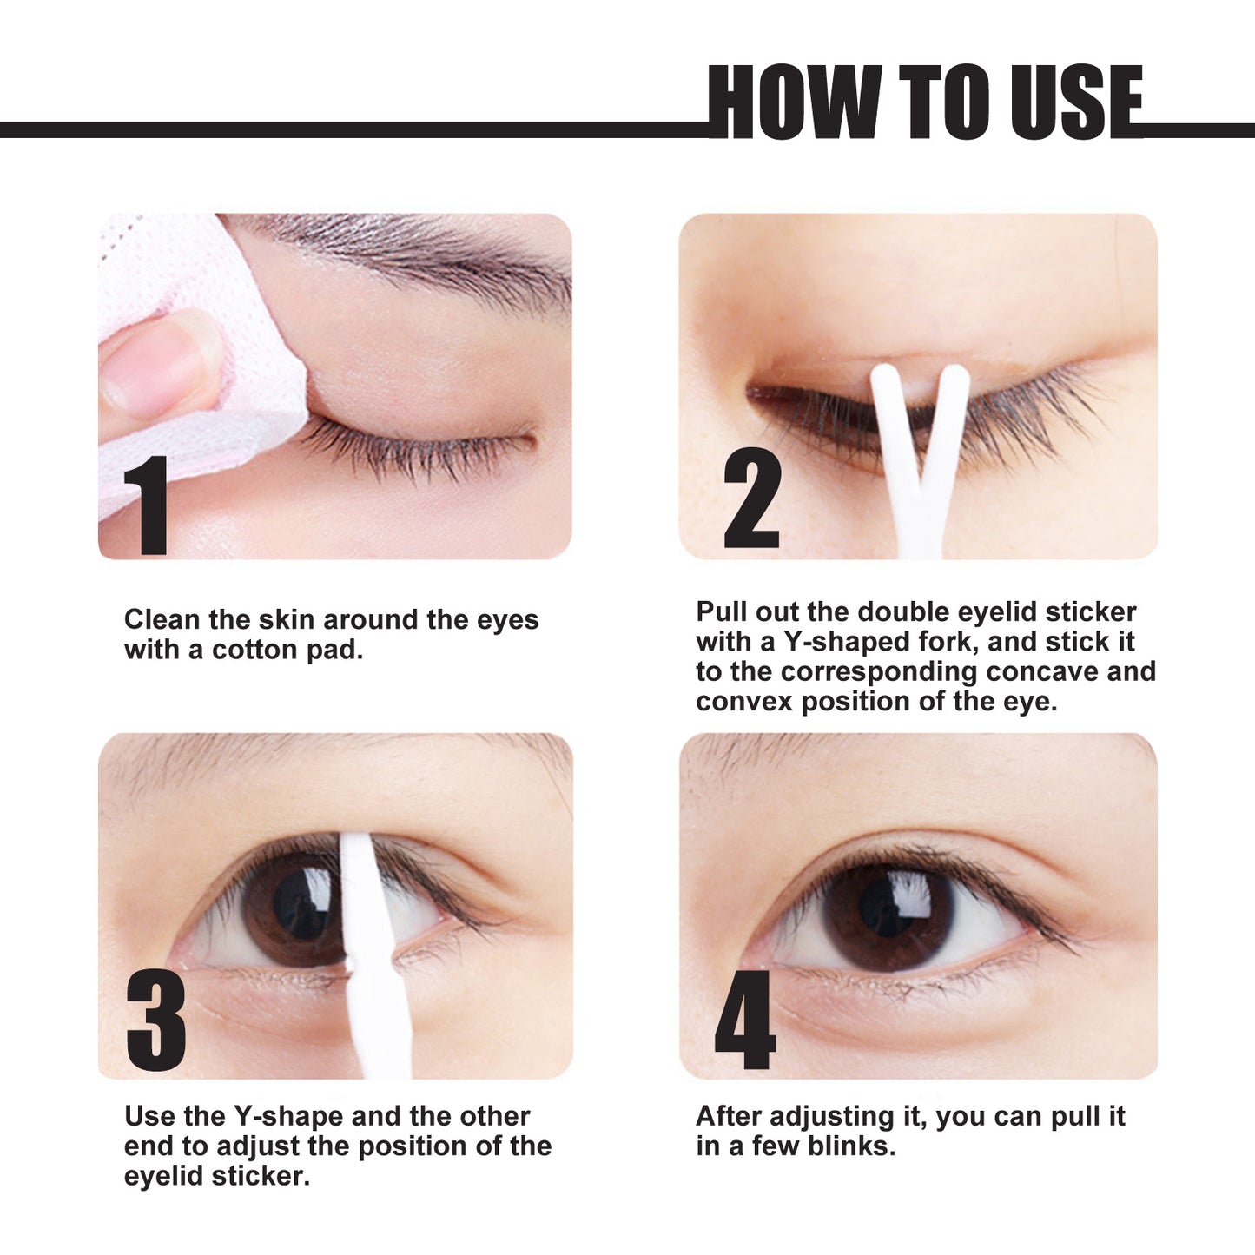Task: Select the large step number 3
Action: pos(156,1020)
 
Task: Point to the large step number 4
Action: pos(744,1020)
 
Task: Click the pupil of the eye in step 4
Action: pos(886,903)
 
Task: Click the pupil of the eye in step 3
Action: pos(300,903)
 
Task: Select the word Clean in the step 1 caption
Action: pos(162,619)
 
